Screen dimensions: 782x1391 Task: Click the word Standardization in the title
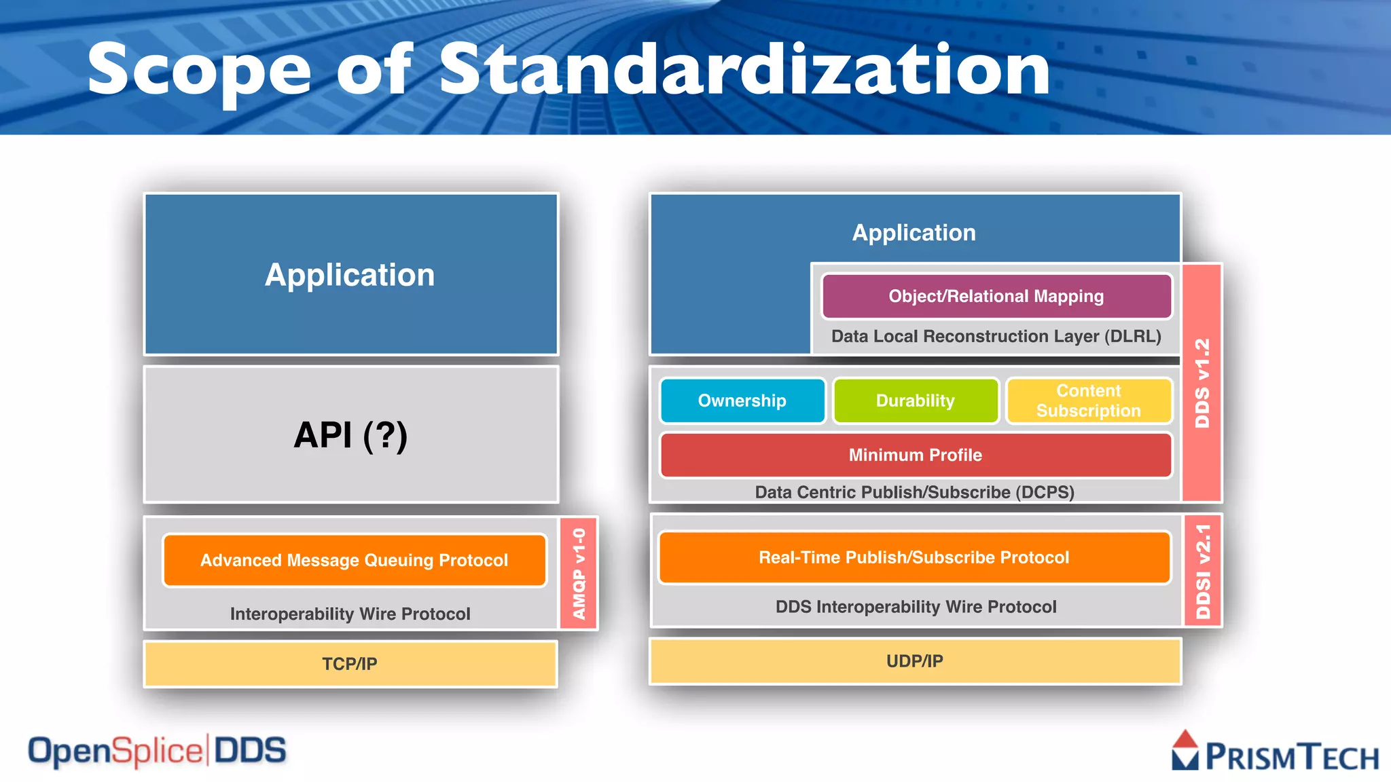tap(744, 69)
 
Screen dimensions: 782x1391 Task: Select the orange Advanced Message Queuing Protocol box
tap(354, 560)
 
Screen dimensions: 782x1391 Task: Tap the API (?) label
tap(350, 435)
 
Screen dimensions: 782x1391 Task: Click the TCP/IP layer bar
tap(350, 663)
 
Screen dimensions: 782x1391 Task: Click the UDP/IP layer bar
tap(915, 660)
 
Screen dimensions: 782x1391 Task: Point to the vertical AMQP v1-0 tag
tap(579, 574)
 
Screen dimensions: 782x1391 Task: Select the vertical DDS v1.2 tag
tap(1202, 383)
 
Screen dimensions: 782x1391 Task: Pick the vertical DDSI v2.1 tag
tap(1203, 571)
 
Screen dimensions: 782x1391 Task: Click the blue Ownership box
tap(742, 401)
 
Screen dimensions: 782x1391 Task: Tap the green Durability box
tap(916, 401)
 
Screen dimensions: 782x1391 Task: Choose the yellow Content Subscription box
tap(1088, 401)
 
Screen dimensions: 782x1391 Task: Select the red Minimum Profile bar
tap(916, 455)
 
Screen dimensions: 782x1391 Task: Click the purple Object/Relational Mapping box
tap(996, 296)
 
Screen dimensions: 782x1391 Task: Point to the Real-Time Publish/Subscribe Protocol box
tap(914, 557)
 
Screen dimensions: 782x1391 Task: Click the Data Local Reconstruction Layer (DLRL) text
tap(996, 336)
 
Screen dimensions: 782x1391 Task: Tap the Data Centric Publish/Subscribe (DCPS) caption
tap(914, 492)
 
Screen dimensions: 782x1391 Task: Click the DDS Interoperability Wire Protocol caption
tap(916, 606)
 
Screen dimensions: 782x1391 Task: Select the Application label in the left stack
tap(350, 275)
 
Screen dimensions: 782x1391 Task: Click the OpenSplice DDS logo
tap(157, 751)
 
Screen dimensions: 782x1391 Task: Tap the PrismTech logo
tap(1275, 753)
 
